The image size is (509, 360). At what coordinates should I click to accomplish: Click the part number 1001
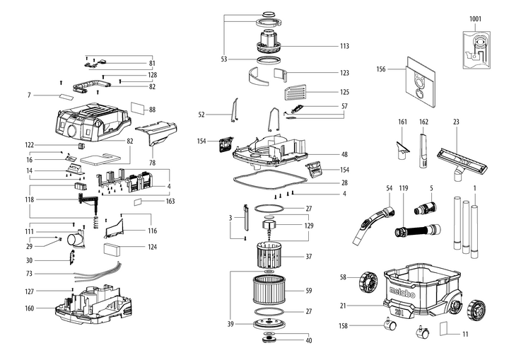(x=475, y=19)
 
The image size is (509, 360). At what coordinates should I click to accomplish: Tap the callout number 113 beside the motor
(x=344, y=46)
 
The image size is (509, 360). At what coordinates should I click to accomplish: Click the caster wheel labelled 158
(x=390, y=324)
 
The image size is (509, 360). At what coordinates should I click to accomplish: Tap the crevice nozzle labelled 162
(x=423, y=150)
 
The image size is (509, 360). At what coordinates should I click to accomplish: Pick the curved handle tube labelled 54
(x=374, y=224)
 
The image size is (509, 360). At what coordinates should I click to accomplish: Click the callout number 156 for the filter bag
(x=381, y=69)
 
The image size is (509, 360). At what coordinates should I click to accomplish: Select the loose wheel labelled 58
(x=368, y=281)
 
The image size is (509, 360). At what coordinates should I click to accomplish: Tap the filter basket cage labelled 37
(x=268, y=255)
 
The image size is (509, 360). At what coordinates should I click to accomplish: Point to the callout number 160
(x=30, y=308)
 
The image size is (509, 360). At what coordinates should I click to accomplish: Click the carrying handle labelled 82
(x=91, y=87)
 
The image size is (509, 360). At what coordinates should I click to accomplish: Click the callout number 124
(x=152, y=248)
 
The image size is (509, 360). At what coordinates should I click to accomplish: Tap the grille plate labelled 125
(x=295, y=93)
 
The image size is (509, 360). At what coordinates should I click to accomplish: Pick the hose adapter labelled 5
(x=426, y=208)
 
